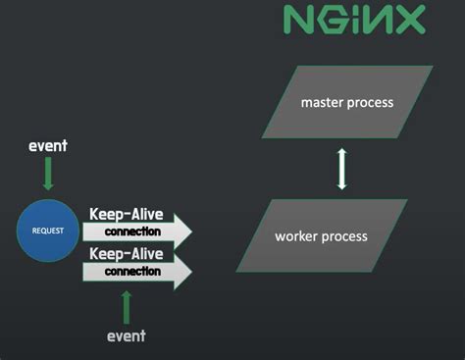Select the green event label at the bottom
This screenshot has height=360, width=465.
(126, 335)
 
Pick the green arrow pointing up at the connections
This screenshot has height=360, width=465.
(126, 306)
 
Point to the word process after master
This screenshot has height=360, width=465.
(370, 103)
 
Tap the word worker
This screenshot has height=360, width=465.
(297, 236)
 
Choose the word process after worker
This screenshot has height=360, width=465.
(344, 236)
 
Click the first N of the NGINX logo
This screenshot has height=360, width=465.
(298, 20)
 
